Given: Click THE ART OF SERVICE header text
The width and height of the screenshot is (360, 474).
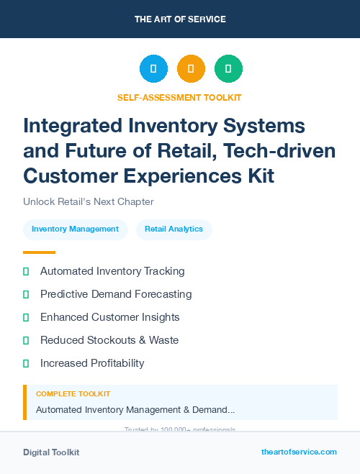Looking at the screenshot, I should coord(180,19).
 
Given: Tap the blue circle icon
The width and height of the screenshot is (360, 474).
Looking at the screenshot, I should coord(153,68).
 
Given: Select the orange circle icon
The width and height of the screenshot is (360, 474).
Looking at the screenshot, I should coord(191,68).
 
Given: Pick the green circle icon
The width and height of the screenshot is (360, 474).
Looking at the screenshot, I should coord(228,68).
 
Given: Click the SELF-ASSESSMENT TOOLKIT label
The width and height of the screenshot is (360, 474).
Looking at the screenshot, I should coord(179,97).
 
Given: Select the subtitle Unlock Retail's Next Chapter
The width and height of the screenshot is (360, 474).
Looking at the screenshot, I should coord(89,202).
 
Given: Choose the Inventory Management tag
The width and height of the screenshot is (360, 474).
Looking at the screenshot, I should coord(75,229).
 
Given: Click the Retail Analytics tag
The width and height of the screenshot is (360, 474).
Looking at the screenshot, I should coord(174,229).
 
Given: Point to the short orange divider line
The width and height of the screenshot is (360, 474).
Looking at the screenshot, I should coord(39,252).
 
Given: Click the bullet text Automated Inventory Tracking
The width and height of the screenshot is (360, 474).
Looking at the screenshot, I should coord(112,271).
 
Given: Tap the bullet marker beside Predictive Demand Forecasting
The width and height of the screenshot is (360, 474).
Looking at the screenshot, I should coord(26,294).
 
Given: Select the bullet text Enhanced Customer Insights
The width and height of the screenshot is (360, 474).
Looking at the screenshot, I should coord(110,317).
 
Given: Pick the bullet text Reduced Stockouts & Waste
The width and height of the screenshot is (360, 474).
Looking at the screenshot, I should coord(109,340).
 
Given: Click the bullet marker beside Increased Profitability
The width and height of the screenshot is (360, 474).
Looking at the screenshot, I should coord(26,363).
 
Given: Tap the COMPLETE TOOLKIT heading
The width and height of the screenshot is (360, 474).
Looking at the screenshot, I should coord(73,394).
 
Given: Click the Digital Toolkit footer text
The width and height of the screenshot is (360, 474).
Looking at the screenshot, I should coord(51,452).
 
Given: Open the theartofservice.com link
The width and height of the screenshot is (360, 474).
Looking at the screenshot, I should coord(299,452).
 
